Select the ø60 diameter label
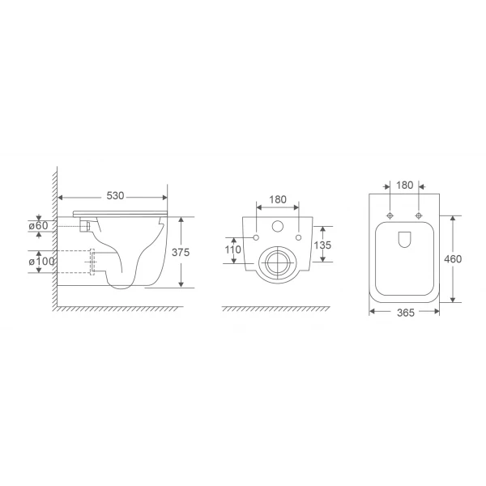pyautogui.click(x=40, y=226)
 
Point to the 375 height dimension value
pyautogui.click(x=181, y=252)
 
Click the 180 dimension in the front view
pyautogui.click(x=278, y=199)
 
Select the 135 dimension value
pyautogui.click(x=322, y=245)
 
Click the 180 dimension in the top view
pyautogui.click(x=405, y=185)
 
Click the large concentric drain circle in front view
pyautogui.click(x=278, y=264)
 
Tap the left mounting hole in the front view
pyautogui.click(x=256, y=238)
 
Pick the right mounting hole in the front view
pyautogui.click(x=300, y=238)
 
